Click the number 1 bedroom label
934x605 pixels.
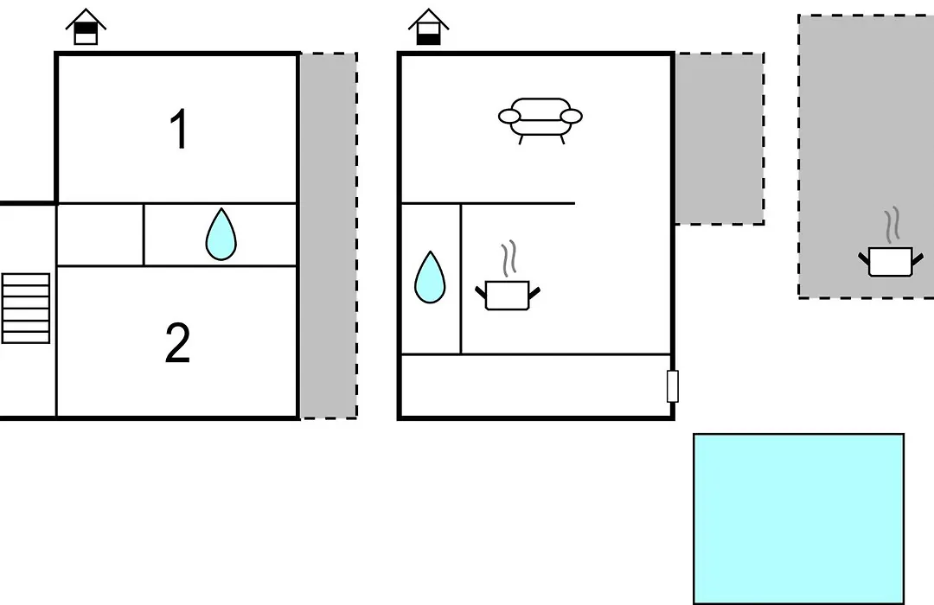(179, 129)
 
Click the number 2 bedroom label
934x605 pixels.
(177, 342)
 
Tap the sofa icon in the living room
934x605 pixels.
(541, 120)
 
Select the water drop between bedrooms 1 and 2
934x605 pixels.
(221, 234)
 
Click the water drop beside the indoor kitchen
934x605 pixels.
(430, 277)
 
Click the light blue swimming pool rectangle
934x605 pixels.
(798, 519)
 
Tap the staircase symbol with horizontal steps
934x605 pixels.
(26, 308)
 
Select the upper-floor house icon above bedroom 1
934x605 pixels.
(86, 27)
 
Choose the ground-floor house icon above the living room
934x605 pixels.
(428, 27)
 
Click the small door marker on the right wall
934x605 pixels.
(673, 385)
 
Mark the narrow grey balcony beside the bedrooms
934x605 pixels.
(329, 236)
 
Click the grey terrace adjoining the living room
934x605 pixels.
(720, 139)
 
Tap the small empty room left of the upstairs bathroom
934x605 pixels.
(100, 234)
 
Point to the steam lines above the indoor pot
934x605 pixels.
(509, 258)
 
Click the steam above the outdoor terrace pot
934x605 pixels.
(892, 225)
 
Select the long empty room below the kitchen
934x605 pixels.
(535, 385)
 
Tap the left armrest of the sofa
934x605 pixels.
(509, 116)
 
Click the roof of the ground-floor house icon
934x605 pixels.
(428, 18)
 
